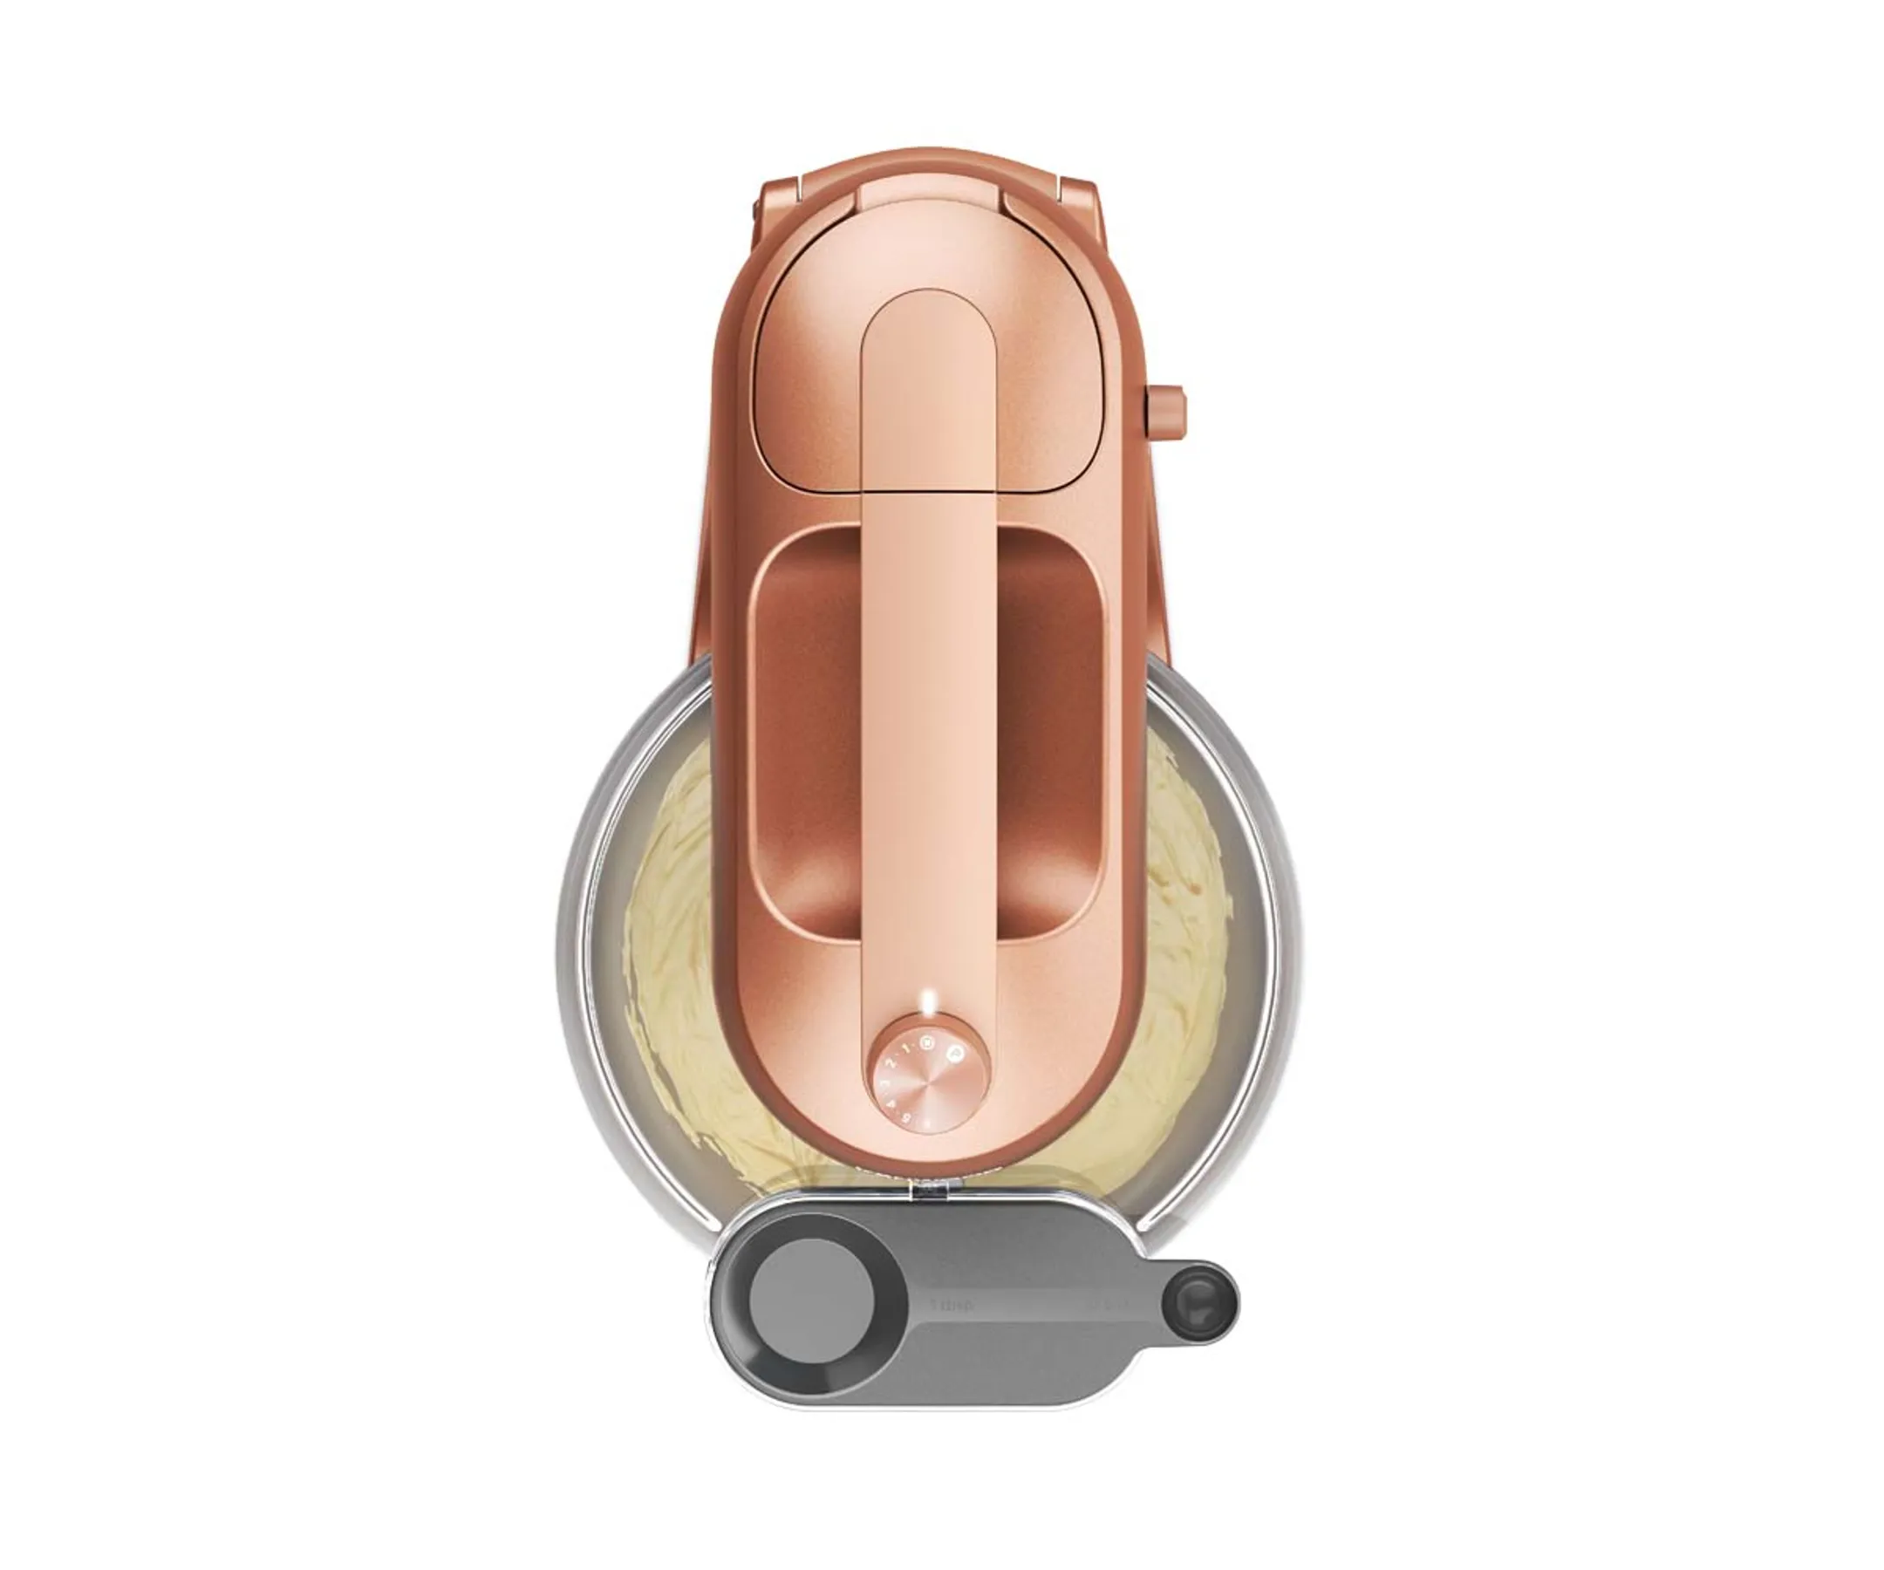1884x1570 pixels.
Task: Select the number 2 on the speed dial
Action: (891, 1062)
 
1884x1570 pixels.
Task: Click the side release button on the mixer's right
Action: (1166, 413)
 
